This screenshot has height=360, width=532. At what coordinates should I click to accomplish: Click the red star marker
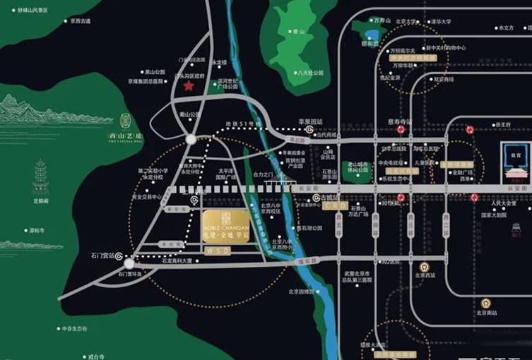(x=189, y=86)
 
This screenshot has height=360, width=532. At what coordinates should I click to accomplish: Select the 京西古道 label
(x=81, y=21)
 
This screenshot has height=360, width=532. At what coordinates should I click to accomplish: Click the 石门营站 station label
(x=102, y=256)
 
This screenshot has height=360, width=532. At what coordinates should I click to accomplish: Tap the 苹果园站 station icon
(x=309, y=130)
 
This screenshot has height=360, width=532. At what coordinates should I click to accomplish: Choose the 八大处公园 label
(x=310, y=73)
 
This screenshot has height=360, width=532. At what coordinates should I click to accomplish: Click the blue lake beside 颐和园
(x=372, y=34)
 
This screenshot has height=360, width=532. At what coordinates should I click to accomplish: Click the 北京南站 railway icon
(x=485, y=303)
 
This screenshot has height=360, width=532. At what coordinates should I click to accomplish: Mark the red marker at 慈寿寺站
(x=401, y=130)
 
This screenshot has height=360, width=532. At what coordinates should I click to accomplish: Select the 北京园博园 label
(x=301, y=291)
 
